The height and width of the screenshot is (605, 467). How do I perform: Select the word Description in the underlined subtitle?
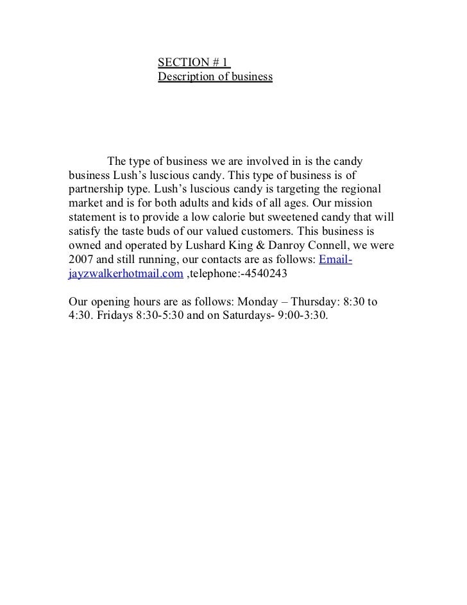click(186, 77)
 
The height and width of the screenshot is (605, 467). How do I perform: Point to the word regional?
click(359, 191)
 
